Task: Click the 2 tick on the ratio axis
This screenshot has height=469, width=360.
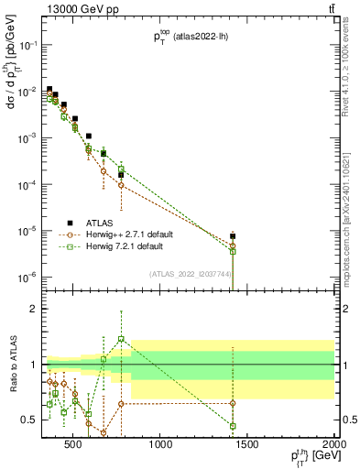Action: pyautogui.click(x=36, y=309)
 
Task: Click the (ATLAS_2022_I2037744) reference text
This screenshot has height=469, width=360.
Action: pyautogui.click(x=190, y=273)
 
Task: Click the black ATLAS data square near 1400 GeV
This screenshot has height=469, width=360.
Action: pyautogui.click(x=233, y=236)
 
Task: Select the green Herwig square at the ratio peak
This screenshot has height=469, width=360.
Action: pyautogui.click(x=121, y=339)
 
